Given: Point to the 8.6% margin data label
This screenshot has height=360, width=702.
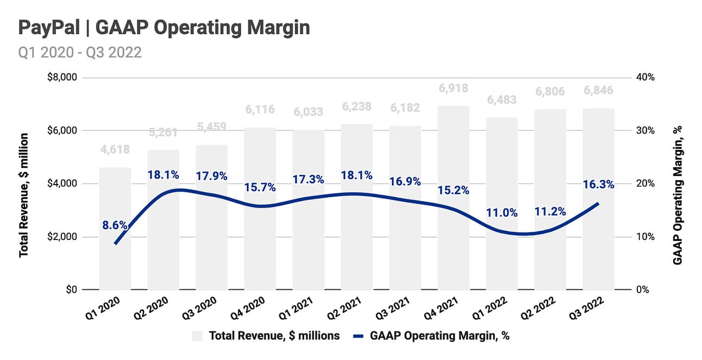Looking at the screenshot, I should coord(115,224).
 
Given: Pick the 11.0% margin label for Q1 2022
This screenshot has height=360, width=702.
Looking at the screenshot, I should coord(502,212).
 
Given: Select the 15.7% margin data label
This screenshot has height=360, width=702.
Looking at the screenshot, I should coord(260,187).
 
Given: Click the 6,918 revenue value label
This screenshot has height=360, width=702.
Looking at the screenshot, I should coord(453,87).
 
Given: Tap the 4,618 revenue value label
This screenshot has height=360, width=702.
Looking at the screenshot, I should coord(115,150).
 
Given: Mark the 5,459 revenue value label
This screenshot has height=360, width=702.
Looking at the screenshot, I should coord(211,127).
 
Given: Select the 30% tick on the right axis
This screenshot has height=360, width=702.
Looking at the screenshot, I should coord(644,131).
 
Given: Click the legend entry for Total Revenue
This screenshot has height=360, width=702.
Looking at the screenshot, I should coord(266,336).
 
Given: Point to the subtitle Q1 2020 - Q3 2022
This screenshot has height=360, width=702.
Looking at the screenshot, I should coord(80,53).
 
